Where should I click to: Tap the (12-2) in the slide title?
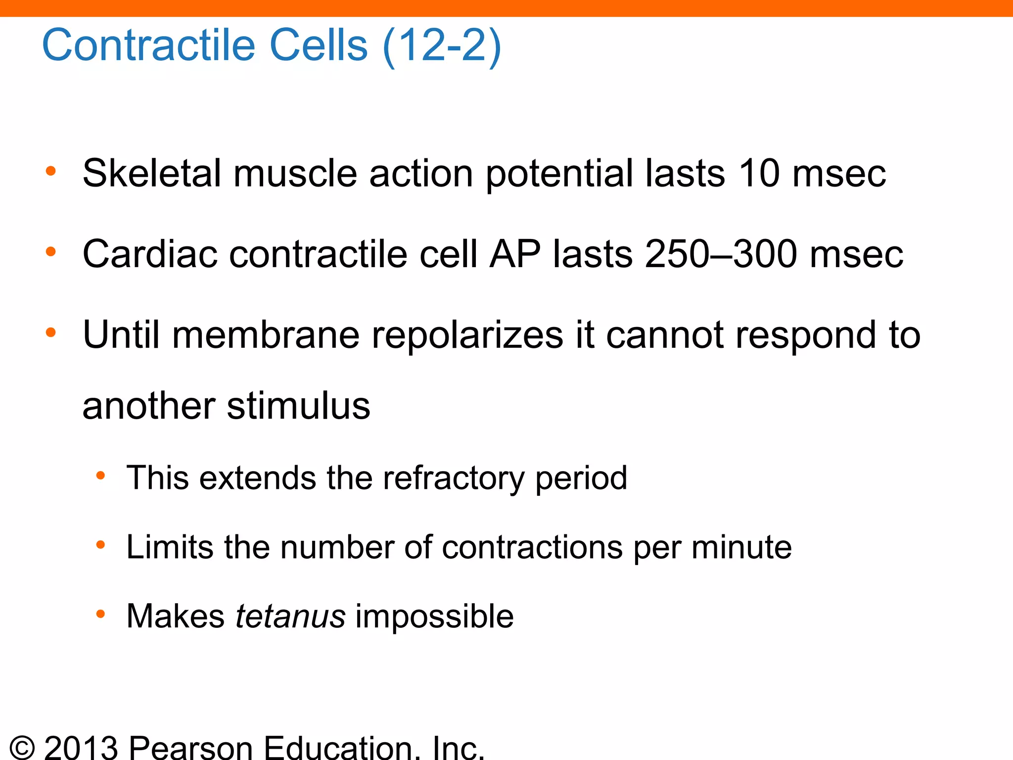[442, 46]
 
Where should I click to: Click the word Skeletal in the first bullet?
[151, 174]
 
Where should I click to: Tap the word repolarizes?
[467, 335]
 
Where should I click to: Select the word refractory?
[453, 478]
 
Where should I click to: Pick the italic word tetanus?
[290, 617]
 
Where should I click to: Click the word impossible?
[435, 617]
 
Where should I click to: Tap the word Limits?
[169, 547]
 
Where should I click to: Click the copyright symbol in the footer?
[22, 747]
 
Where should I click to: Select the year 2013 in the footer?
[81, 747]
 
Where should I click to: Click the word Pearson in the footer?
[191, 747]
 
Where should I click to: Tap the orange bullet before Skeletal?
[50, 171]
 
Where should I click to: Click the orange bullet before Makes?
[100, 615]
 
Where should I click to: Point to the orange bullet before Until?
[50, 332]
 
